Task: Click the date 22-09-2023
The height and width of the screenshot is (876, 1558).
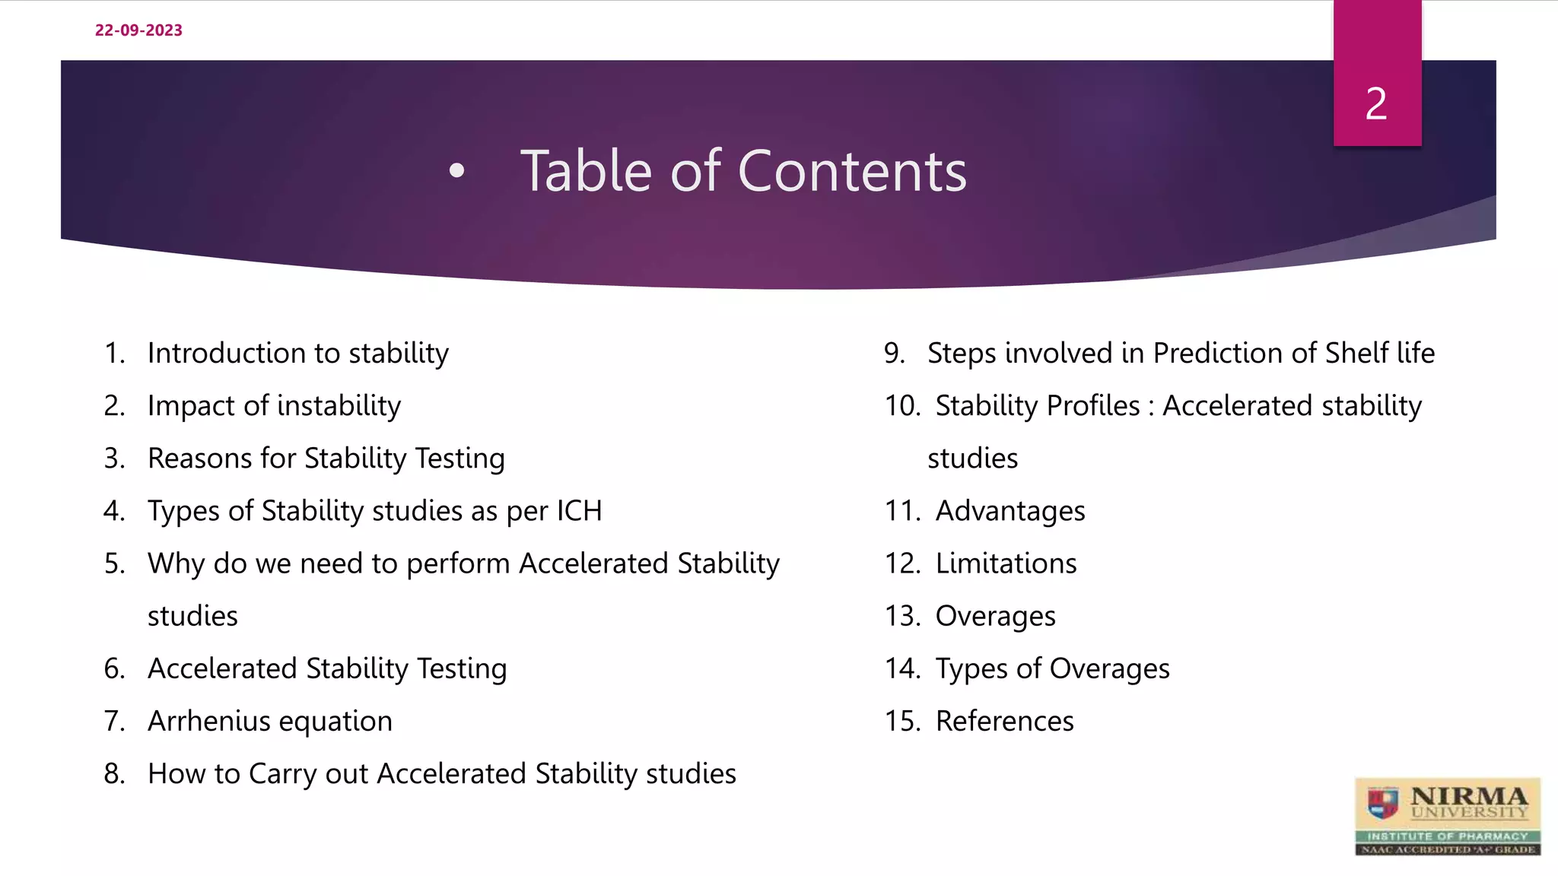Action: tap(138, 30)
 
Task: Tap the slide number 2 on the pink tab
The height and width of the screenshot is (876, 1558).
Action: tap(1376, 103)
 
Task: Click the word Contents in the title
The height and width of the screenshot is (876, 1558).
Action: tap(852, 171)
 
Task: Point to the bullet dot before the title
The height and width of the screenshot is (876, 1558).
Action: tap(456, 171)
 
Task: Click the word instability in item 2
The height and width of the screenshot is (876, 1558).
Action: tap(339, 406)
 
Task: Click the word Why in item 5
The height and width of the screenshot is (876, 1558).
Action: tap(176, 563)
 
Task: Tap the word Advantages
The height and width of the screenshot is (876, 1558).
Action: tap(1010, 511)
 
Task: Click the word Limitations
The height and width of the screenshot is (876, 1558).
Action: tap(1006, 563)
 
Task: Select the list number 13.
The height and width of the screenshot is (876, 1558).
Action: tap(902, 616)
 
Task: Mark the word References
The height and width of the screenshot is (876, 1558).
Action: tap(1004, 721)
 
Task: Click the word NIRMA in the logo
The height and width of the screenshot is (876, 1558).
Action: tap(1468, 796)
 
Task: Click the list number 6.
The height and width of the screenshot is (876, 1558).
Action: tap(114, 668)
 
